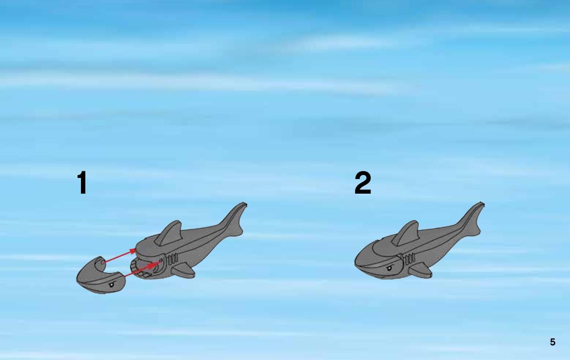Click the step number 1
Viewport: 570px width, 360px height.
pos(82,182)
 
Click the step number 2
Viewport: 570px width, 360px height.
pos(363,182)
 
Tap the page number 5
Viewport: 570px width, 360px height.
pos(552,342)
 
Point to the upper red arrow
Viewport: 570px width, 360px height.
pos(119,256)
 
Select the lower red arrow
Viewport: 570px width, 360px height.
pos(142,269)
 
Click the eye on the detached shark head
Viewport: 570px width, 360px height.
pos(111,284)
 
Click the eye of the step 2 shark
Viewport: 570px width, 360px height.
pos(389,268)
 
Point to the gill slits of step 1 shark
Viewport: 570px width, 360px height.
pos(173,260)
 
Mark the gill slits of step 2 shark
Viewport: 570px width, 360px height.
pos(410,260)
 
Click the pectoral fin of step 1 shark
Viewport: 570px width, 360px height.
pos(183,270)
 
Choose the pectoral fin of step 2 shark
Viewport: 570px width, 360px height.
pos(421,270)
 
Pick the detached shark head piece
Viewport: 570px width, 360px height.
pos(99,275)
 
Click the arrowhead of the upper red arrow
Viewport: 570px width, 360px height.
pos(133,251)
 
